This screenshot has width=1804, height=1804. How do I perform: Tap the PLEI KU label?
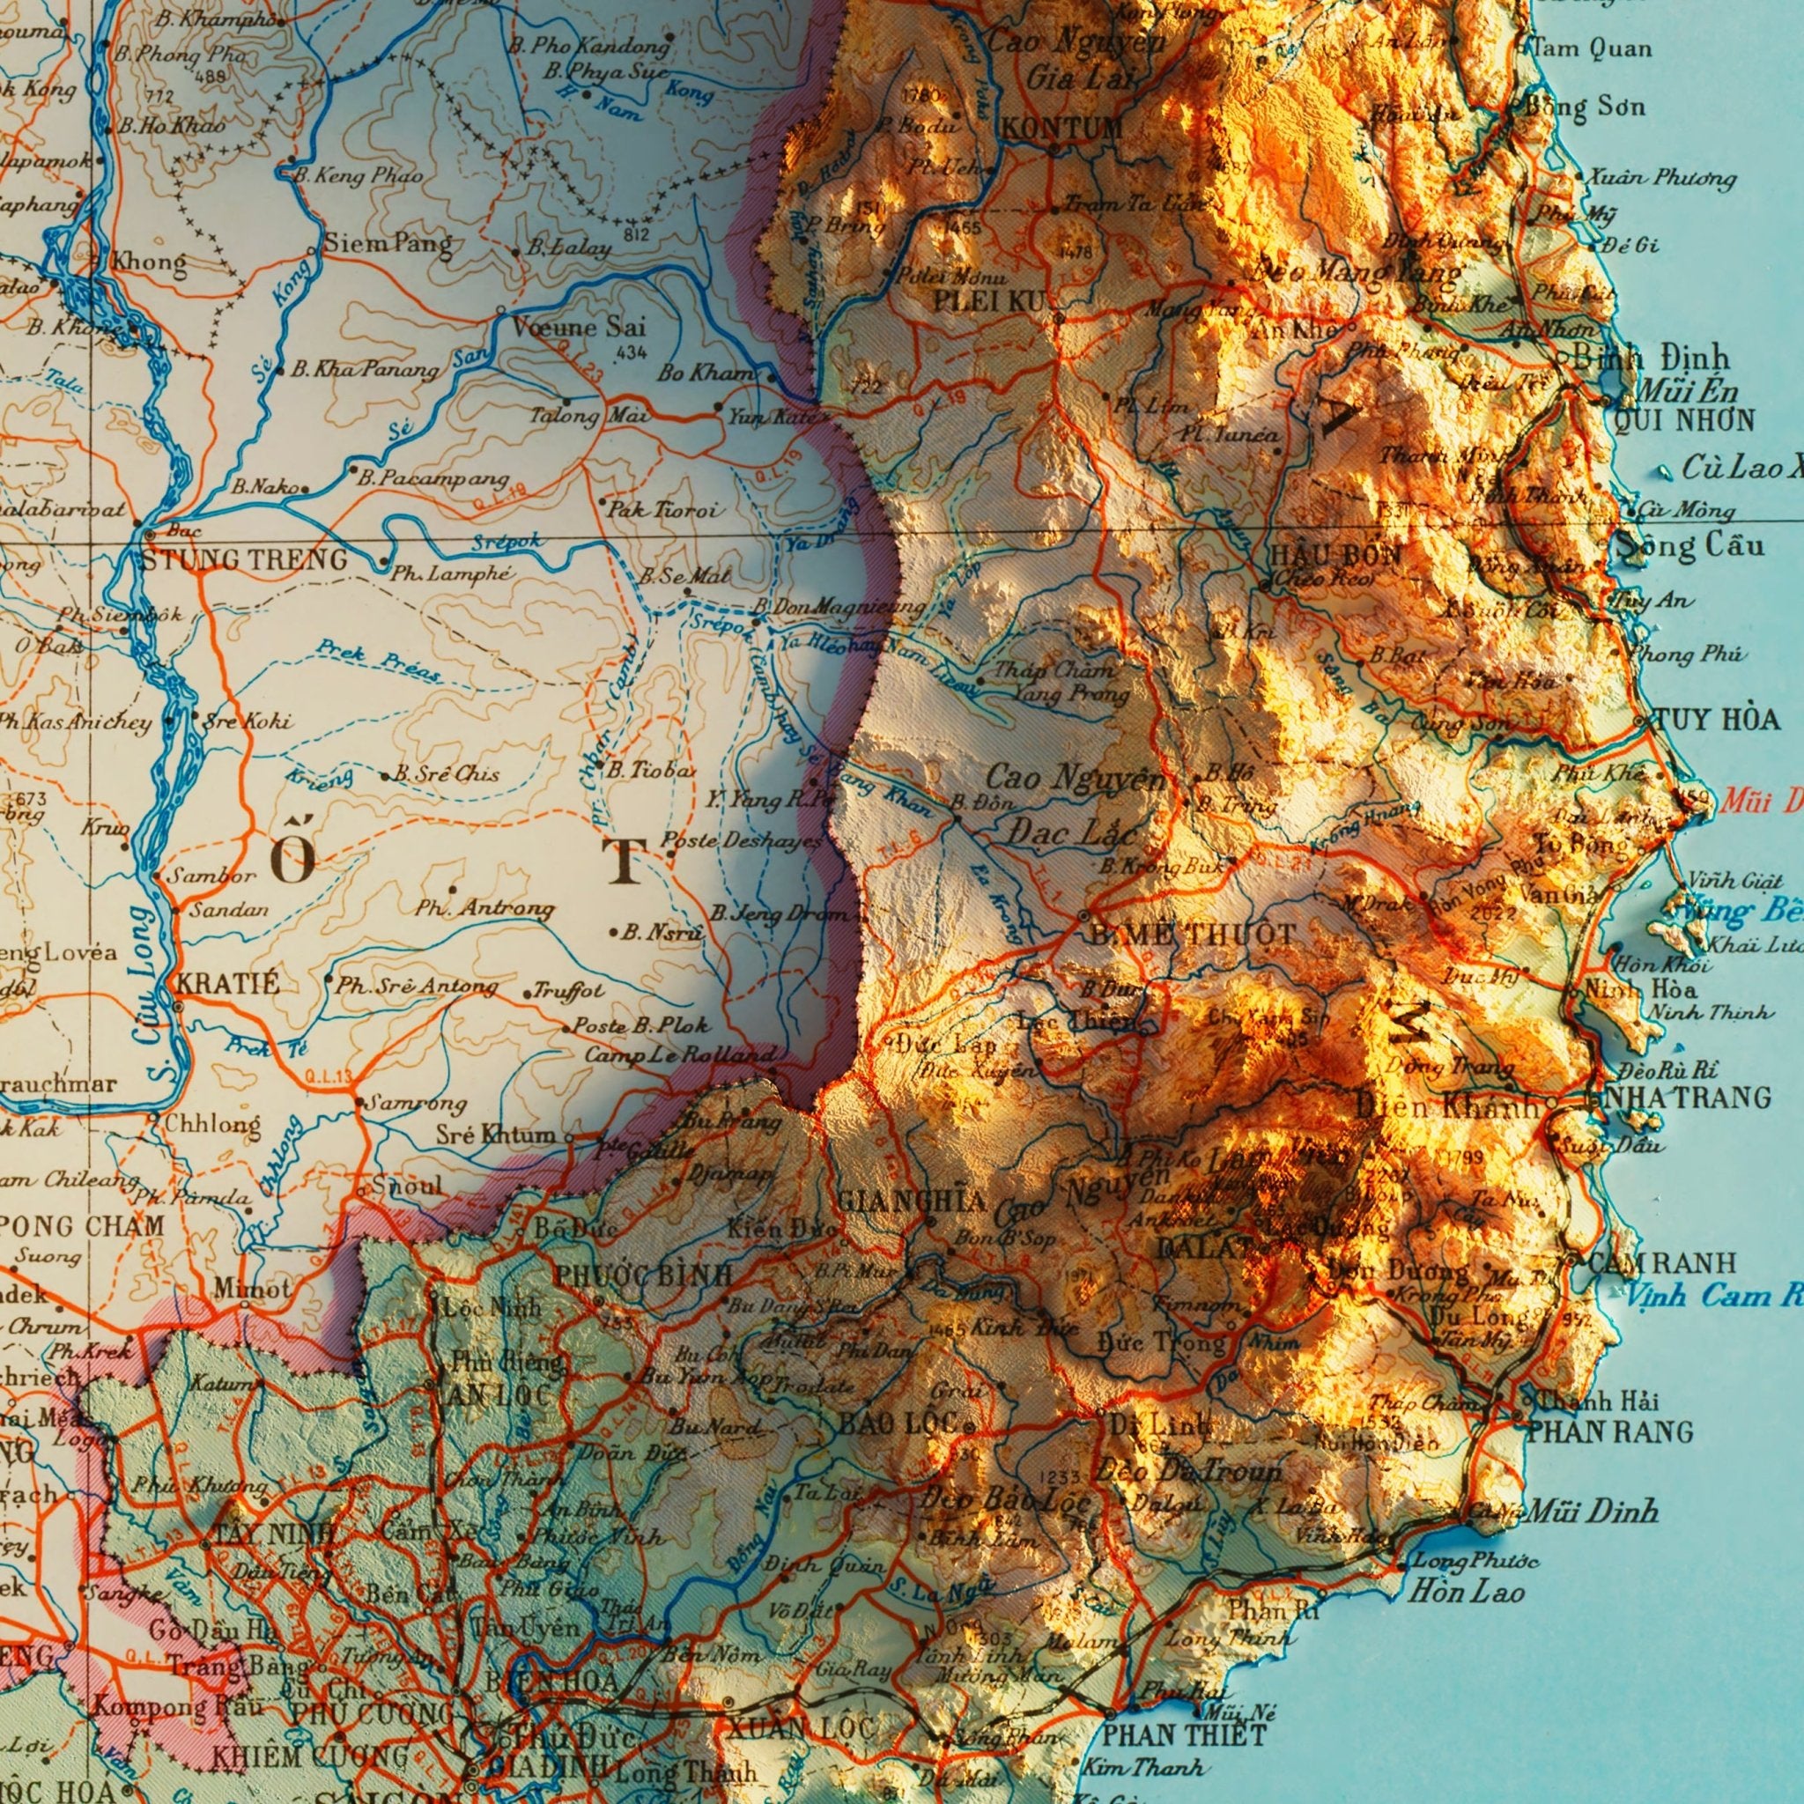pyautogui.click(x=993, y=300)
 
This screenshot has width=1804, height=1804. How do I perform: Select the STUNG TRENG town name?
pyautogui.click(x=245, y=560)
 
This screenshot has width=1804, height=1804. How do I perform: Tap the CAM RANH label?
pyautogui.click(x=1663, y=1263)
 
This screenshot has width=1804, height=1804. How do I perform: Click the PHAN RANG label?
pyautogui.click(x=1610, y=1431)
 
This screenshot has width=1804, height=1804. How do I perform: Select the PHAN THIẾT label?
pyautogui.click(x=1184, y=1735)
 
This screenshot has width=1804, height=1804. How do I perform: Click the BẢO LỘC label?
pyautogui.click(x=898, y=1423)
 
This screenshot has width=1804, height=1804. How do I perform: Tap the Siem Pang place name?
pyautogui.click(x=388, y=245)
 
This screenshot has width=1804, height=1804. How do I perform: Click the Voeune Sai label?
pyautogui.click(x=578, y=327)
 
